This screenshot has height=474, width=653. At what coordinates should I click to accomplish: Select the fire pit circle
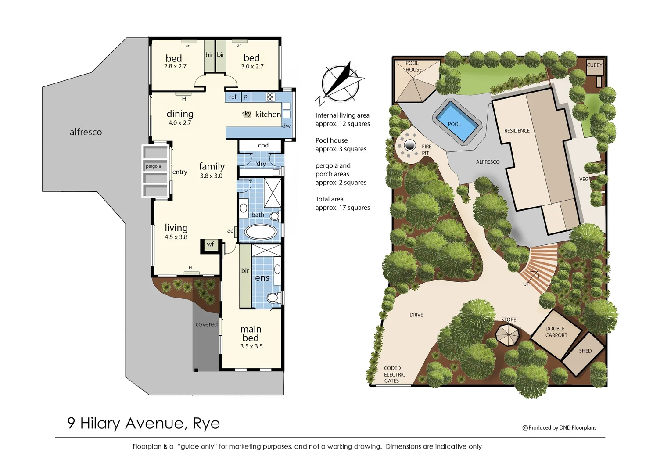point(410,145)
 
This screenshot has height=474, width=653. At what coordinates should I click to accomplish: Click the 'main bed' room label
point(251,333)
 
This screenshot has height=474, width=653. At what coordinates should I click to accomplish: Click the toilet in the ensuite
point(273,298)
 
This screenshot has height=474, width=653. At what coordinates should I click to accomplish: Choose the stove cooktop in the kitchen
point(270,97)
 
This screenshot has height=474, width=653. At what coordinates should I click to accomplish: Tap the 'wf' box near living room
point(210,244)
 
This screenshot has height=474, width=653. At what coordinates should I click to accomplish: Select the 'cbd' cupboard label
point(263,145)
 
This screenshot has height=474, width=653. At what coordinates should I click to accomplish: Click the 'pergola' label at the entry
point(153,166)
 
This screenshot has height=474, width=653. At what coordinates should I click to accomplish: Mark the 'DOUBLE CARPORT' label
point(556,332)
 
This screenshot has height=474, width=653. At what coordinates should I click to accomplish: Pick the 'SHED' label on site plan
point(585,351)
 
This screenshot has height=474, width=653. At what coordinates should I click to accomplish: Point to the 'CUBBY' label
point(595,65)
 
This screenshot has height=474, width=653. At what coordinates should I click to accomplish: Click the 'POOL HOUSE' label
point(413,66)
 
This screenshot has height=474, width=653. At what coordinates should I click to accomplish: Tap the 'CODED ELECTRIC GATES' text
point(394,374)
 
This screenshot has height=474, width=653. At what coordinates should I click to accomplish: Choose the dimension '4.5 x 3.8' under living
point(176,237)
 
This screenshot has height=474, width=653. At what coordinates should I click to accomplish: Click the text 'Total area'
point(329,199)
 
